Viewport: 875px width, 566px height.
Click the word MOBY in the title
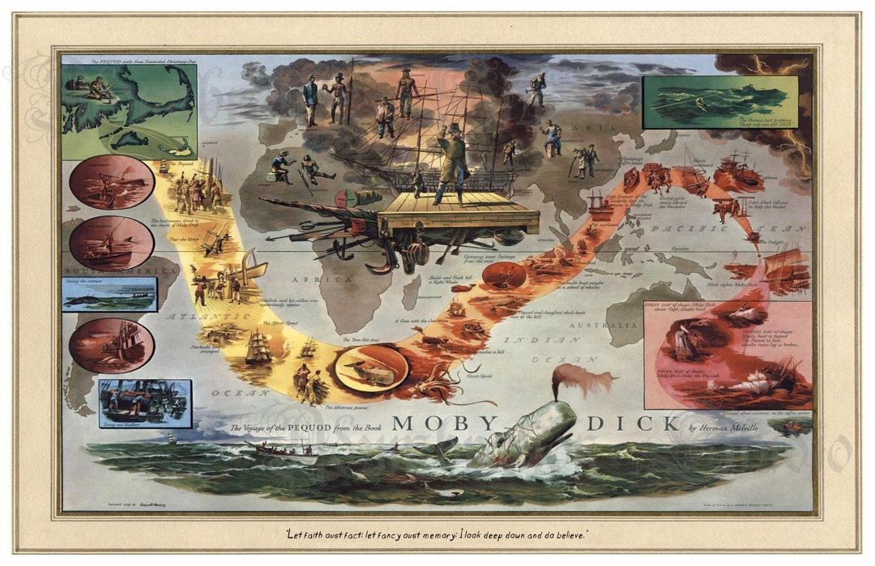444,423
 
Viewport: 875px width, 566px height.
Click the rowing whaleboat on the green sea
286,450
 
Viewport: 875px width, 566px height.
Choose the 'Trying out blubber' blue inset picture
144,402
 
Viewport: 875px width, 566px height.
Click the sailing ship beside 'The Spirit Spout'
258,347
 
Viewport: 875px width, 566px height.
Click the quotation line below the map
437,534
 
